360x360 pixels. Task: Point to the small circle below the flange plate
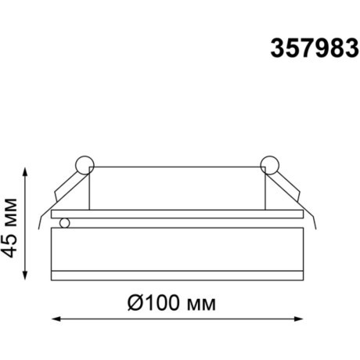point(65,223)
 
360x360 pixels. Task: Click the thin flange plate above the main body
point(177,212)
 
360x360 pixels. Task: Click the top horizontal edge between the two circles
point(177,166)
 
